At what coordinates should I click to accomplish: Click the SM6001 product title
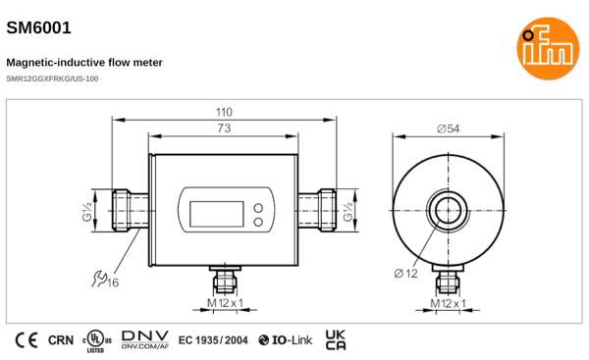[x=38, y=27]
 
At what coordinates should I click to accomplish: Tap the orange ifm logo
[x=548, y=48]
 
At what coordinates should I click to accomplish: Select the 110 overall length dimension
[x=224, y=112]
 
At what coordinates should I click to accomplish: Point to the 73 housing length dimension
[x=224, y=129]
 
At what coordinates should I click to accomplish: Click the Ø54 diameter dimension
[x=449, y=129]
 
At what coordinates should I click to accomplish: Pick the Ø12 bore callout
[x=406, y=274]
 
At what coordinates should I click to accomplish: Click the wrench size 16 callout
[x=105, y=280]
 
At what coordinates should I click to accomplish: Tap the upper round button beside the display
[x=258, y=208]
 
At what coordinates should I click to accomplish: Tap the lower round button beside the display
[x=258, y=222]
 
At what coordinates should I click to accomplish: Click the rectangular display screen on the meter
[x=217, y=214]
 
